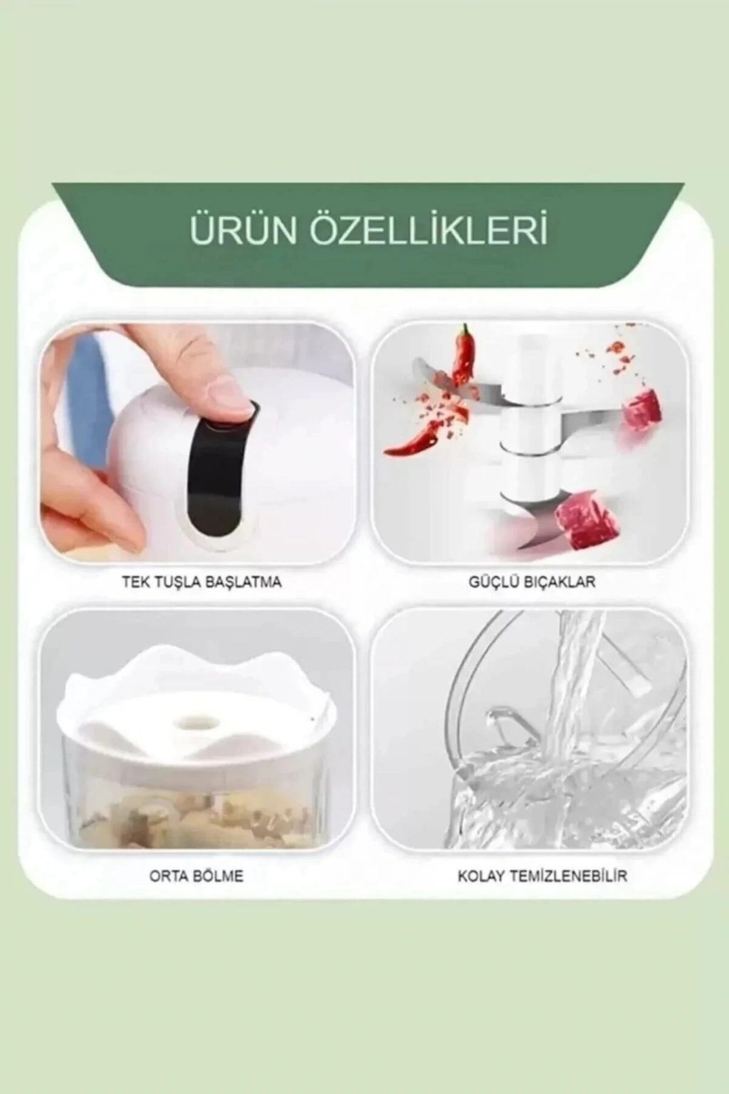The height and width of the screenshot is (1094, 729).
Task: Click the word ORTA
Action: (167, 875)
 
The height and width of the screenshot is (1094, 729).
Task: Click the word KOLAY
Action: (481, 875)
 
